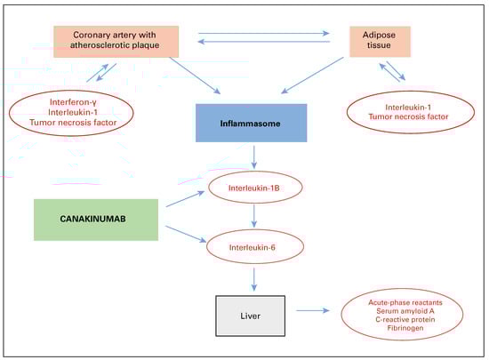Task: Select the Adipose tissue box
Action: [x=378, y=41]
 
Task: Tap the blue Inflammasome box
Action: [x=251, y=124]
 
